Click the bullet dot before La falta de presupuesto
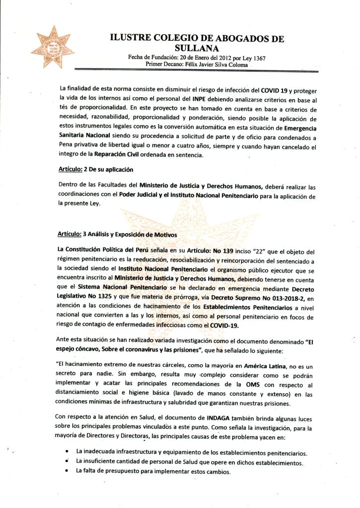click(x=67, y=471)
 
